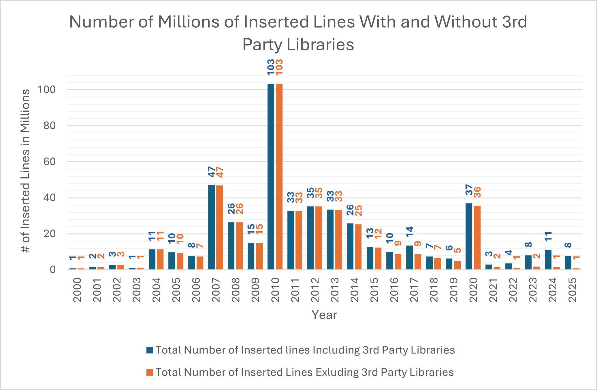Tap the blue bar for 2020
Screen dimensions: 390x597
tap(469, 236)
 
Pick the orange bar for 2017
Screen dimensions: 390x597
tap(418, 262)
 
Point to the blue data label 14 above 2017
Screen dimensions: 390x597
tap(410, 232)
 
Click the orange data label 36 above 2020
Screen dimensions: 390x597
tap(477, 192)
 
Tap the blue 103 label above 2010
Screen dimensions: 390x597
tap(271, 67)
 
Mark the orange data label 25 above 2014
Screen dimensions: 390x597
tap(359, 211)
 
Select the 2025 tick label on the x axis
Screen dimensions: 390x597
tap(572, 290)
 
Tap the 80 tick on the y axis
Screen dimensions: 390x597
tap(49, 125)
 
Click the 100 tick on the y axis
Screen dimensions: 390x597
tap(46, 90)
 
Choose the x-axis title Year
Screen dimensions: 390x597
tap(324, 315)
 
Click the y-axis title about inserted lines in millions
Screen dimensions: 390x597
tap(26, 171)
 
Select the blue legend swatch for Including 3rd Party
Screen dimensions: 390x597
tap(150, 350)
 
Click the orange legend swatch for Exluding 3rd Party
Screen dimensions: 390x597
tap(150, 372)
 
